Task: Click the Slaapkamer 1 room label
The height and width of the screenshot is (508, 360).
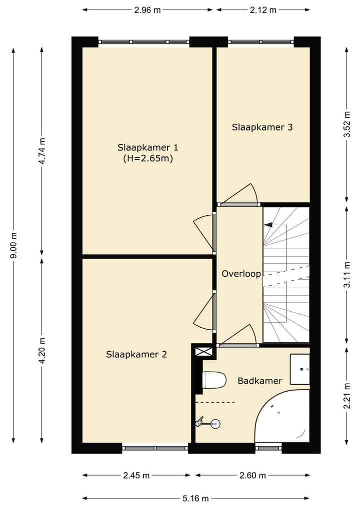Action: click(148, 148)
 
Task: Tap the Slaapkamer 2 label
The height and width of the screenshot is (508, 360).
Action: click(136, 355)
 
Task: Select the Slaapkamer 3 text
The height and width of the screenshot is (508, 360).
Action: click(262, 127)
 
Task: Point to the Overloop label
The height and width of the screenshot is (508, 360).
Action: click(241, 274)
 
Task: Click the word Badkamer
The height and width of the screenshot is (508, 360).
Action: click(260, 381)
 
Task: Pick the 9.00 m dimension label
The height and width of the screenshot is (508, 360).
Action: click(13, 246)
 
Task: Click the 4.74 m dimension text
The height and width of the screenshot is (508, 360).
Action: click(42, 151)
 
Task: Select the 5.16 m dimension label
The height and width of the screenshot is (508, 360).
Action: click(195, 499)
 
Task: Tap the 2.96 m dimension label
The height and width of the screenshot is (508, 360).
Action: click(147, 10)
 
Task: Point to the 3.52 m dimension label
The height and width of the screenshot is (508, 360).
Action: click(347, 124)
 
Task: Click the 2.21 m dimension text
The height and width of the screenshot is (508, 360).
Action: click(347, 396)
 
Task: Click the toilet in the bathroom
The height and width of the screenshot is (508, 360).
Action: click(214, 380)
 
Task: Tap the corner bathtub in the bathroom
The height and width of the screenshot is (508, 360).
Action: click(282, 416)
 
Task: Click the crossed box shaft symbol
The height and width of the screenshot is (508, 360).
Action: click(203, 352)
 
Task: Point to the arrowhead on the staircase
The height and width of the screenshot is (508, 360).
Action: click(268, 225)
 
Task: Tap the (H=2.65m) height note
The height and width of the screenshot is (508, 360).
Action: click(148, 159)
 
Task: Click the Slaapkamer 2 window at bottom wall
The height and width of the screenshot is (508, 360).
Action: click(155, 449)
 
